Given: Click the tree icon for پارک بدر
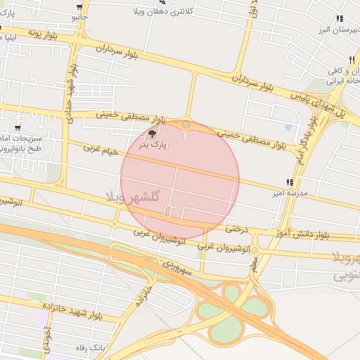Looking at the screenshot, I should tap(153, 133).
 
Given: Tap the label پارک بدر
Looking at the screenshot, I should tap(153, 144).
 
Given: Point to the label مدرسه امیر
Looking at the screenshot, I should tap(290, 192).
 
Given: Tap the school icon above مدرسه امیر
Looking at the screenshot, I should tap(290, 182).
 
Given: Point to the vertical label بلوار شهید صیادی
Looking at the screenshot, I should tap(72, 96).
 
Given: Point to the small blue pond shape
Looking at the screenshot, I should tap(288, 128).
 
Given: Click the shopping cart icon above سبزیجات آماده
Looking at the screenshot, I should tap(17, 129).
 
